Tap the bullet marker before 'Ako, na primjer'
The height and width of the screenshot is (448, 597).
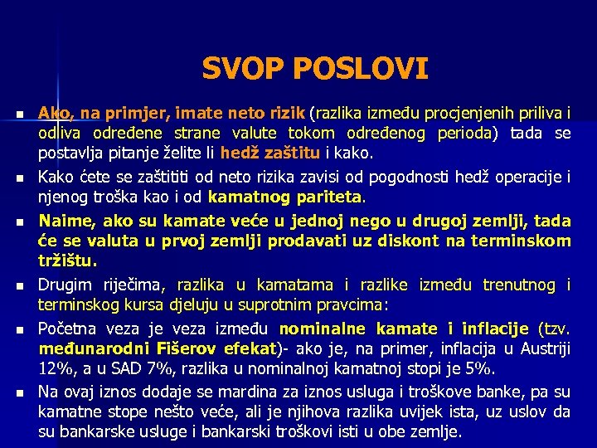coord(18,113)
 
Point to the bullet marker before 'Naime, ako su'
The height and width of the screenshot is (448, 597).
coord(18,222)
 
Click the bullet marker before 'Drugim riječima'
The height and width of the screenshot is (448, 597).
coord(18,286)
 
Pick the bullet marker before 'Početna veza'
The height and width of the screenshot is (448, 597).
coord(18,329)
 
